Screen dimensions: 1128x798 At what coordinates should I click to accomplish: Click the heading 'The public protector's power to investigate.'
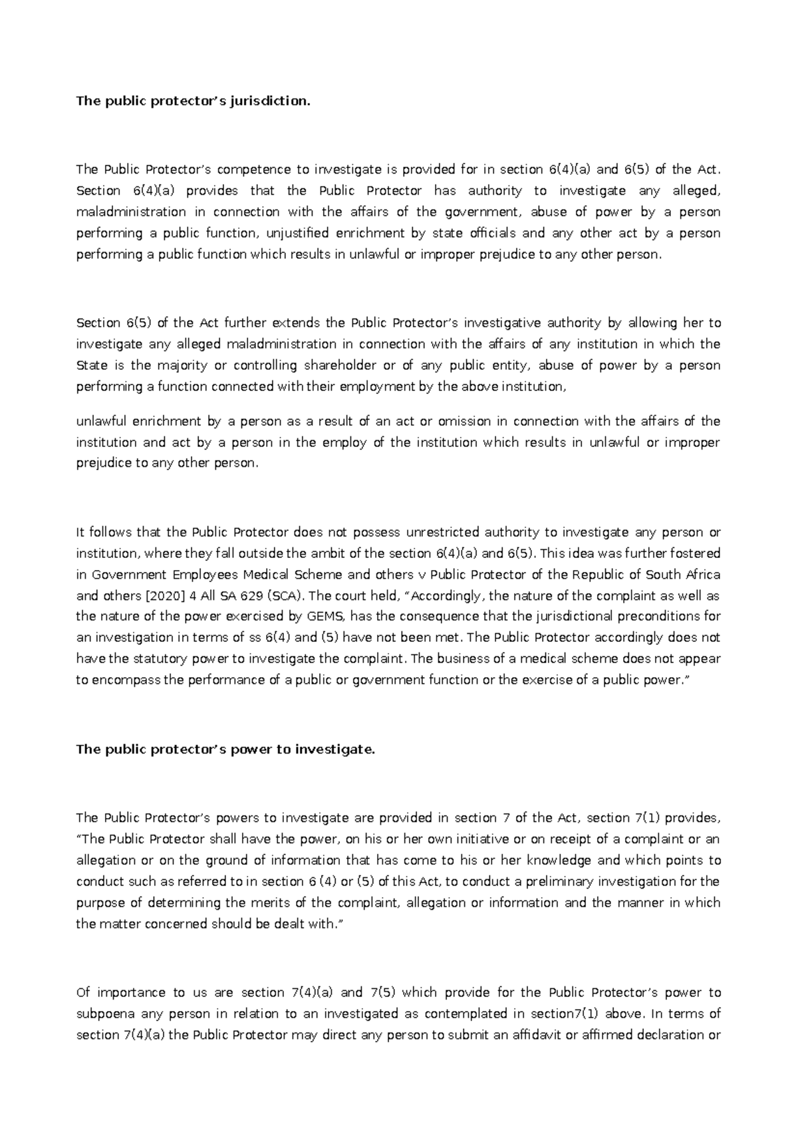coord(226,750)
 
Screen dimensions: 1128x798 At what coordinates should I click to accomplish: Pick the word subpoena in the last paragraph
coord(106,1014)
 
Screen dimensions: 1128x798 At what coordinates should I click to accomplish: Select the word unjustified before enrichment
coord(299,233)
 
